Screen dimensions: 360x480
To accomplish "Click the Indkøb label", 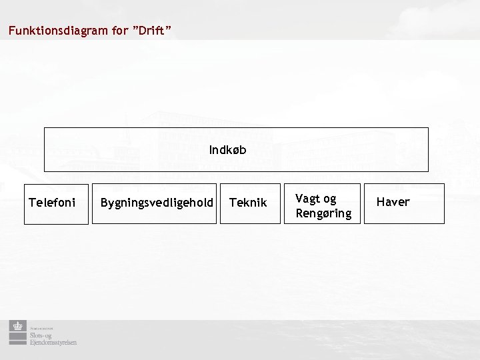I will tap(227, 151).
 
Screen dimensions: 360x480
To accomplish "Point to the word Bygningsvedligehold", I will tap(156, 202).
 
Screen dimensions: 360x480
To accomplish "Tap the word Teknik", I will tap(248, 202).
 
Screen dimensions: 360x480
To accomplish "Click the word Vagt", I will tap(307, 199).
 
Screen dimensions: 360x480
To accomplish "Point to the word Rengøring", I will tap(323, 213).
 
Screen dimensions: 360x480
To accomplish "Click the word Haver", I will tap(393, 201).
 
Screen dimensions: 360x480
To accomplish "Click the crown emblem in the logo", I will tap(17, 327).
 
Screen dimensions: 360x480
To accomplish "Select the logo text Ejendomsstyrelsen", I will tap(52, 342).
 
